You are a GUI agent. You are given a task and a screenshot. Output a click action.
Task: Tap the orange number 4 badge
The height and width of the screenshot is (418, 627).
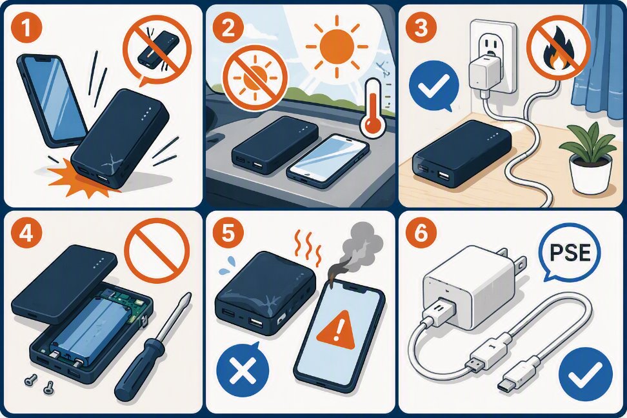click(x=26, y=234)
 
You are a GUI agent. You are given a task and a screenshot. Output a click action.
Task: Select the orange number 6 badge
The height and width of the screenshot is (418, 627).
click(x=421, y=234)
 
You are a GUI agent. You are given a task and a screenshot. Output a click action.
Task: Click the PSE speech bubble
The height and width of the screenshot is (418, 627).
click(x=570, y=254)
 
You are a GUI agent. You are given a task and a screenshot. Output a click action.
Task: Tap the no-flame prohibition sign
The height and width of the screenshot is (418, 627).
click(x=559, y=48)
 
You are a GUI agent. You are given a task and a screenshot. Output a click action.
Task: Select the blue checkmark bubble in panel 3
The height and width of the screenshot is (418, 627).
click(x=434, y=85)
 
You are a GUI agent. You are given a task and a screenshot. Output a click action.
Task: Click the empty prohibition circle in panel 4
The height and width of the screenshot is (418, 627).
click(x=157, y=251)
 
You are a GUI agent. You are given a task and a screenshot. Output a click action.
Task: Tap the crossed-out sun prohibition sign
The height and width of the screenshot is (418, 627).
click(x=255, y=75)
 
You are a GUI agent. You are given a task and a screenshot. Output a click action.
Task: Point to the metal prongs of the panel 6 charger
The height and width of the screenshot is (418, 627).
click(x=512, y=260)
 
